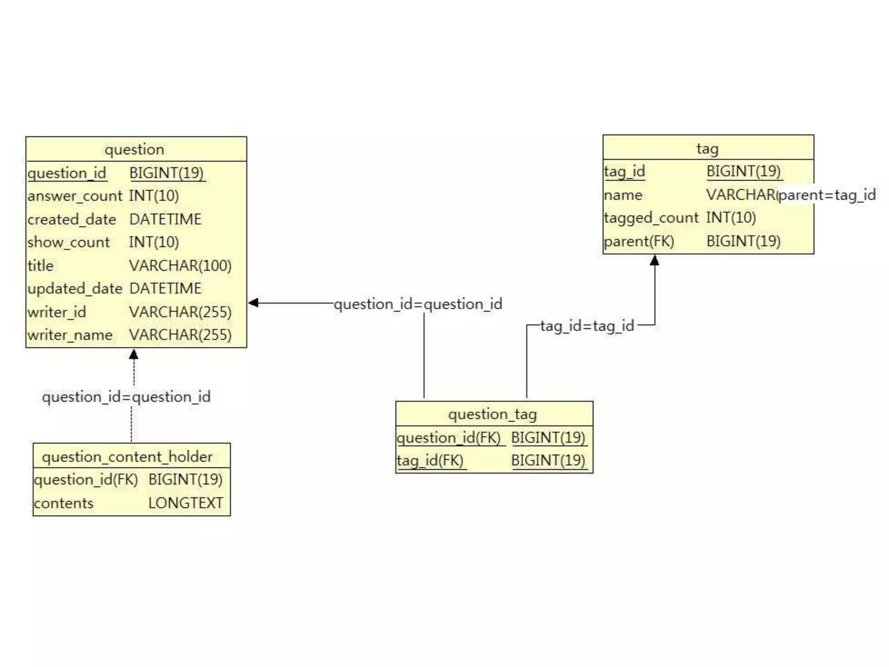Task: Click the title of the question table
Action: click(x=135, y=149)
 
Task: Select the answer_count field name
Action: click(x=75, y=196)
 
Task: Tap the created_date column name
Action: click(x=72, y=219)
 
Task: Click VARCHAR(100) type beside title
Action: click(x=180, y=266)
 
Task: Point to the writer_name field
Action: click(x=70, y=335)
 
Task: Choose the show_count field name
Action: click(x=69, y=242)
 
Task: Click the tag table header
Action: click(x=708, y=149)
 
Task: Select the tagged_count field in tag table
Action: click(x=651, y=218)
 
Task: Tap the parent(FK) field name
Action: click(x=639, y=241)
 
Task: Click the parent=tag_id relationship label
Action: click(x=827, y=195)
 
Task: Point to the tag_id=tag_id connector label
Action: click(x=587, y=326)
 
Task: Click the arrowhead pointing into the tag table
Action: click(x=655, y=261)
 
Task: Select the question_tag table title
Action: click(x=493, y=414)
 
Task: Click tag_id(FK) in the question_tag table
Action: click(x=430, y=460)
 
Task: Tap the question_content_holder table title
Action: click(x=127, y=457)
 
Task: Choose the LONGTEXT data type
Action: click(x=185, y=503)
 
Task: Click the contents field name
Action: click(x=64, y=503)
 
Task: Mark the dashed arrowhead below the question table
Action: click(x=134, y=354)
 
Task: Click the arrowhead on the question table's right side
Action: click(x=254, y=303)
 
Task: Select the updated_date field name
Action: click(x=75, y=289)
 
